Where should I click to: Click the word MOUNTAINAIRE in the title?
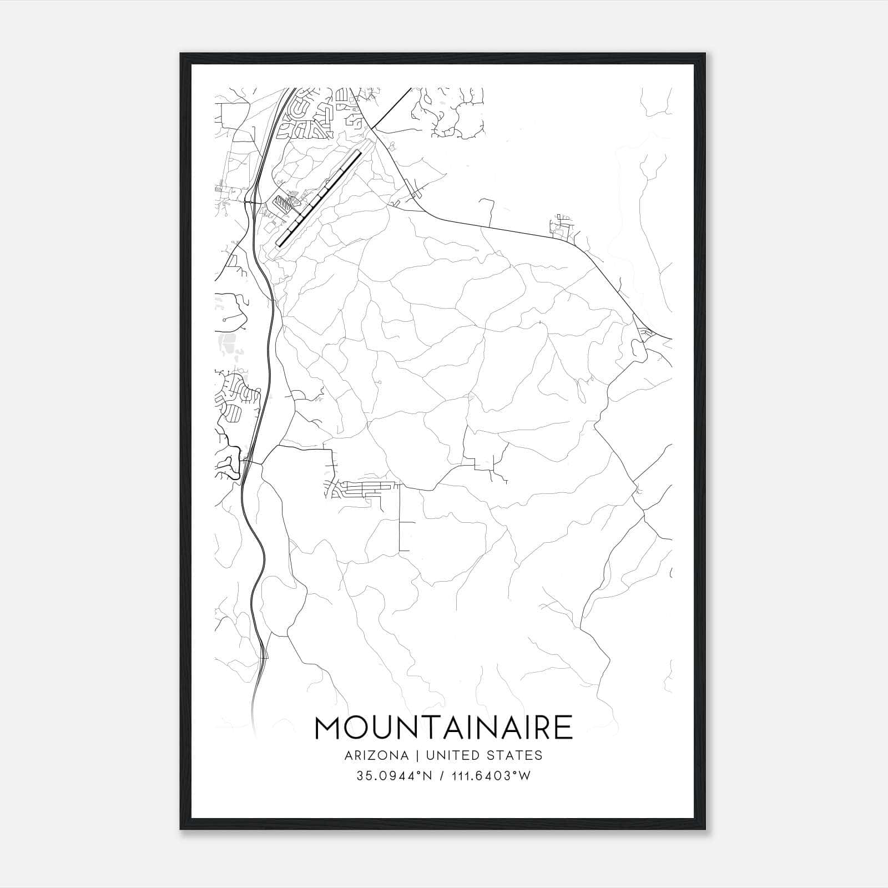(443, 728)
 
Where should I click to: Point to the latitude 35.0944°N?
(395, 776)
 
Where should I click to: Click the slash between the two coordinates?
(442, 776)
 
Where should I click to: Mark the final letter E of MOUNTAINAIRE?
(563, 728)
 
